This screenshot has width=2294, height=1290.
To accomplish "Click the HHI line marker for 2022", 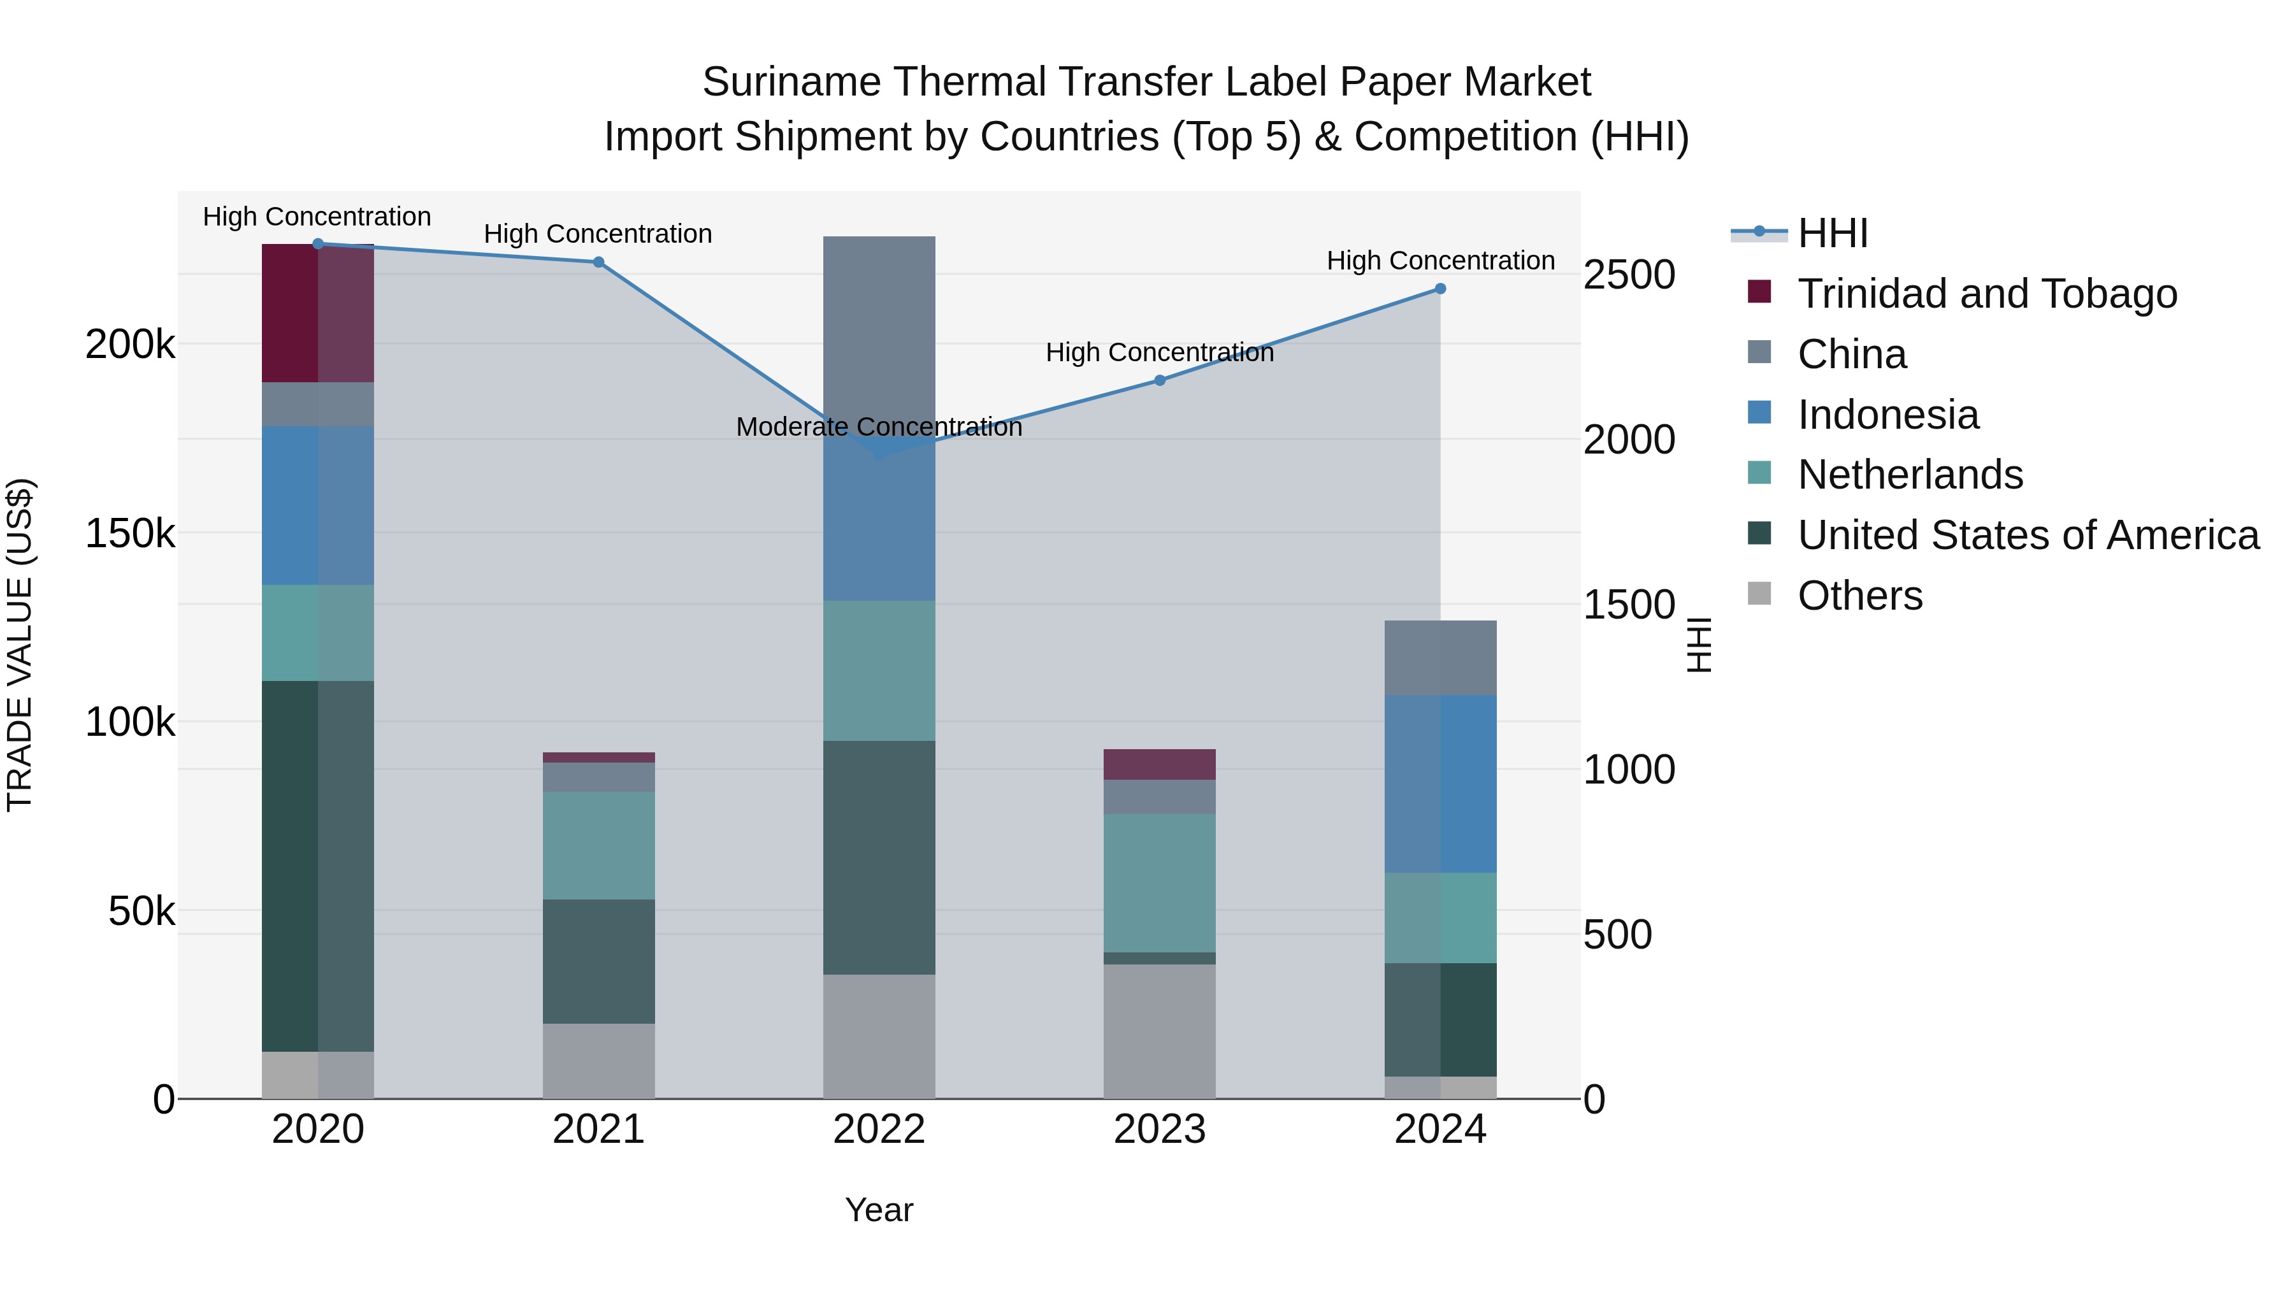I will click(x=879, y=453).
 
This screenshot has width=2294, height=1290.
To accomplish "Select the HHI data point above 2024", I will click(x=1440, y=289).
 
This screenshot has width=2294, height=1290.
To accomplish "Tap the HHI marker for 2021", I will click(x=598, y=262).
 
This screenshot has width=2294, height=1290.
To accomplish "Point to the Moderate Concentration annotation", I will click(x=879, y=427).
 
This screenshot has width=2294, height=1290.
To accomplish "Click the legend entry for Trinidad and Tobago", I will click(x=1987, y=294).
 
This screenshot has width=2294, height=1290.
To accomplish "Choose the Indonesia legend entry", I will click(x=1888, y=415).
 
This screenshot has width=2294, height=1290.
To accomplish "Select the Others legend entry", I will click(x=1859, y=596).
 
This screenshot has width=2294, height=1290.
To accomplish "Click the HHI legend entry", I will click(x=1833, y=233).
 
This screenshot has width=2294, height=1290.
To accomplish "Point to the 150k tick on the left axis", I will click(x=130, y=534).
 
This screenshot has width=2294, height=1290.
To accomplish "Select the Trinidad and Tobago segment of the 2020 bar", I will click(x=318, y=313).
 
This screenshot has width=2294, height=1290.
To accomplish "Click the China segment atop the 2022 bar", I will click(x=879, y=329).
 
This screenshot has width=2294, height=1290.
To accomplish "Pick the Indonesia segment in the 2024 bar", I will click(x=1440, y=784).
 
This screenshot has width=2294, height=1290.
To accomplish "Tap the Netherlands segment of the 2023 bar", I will click(x=1160, y=882).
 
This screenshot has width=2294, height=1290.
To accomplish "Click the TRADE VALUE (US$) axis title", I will click(x=20, y=645).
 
